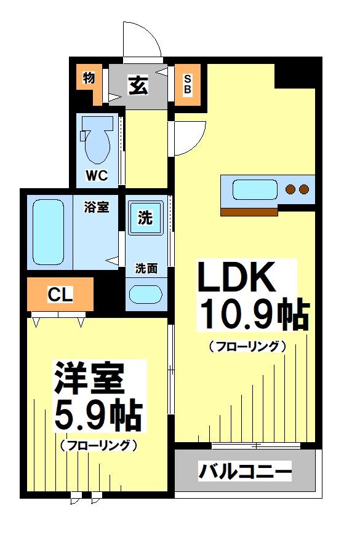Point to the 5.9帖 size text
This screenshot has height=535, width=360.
(98, 416)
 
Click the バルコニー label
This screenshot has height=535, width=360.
(245, 473)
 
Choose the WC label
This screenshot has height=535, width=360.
(97, 175)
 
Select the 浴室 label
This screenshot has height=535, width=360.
(97, 207)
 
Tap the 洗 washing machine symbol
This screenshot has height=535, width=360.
(145, 218)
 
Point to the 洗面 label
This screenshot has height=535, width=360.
(146, 268)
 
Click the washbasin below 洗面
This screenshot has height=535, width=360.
(145, 295)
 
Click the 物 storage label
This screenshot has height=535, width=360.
(88, 78)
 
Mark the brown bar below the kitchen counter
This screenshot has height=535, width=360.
(249, 212)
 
